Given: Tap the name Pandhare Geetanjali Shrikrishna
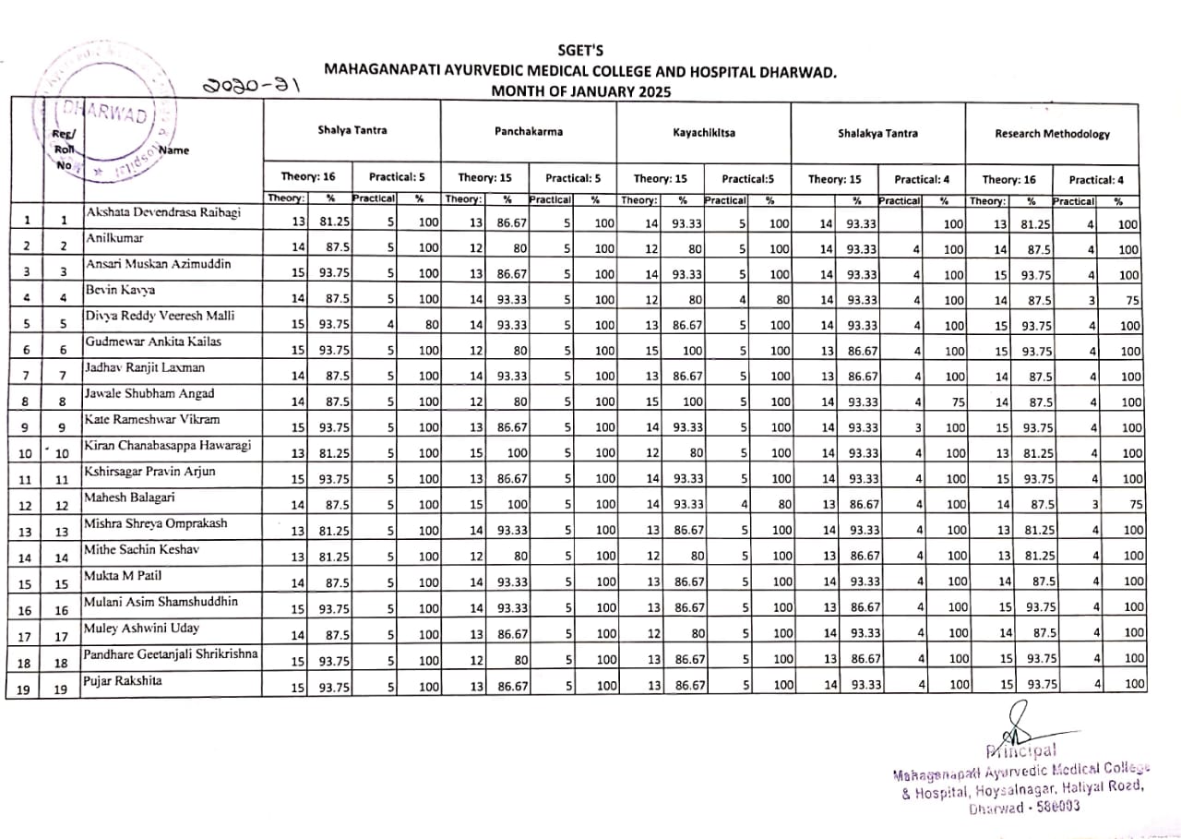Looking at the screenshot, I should click(173, 654).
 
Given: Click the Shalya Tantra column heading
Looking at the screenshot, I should click(352, 131).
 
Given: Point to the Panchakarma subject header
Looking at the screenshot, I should click(528, 132).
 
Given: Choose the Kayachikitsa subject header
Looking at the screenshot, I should click(704, 133).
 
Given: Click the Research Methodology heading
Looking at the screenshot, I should click(1052, 134).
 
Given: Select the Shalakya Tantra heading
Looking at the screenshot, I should click(877, 133).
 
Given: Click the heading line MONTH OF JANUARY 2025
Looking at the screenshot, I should click(580, 91).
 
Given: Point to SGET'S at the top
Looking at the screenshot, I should click(580, 50).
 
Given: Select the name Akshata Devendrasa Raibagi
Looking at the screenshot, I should click(163, 212).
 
